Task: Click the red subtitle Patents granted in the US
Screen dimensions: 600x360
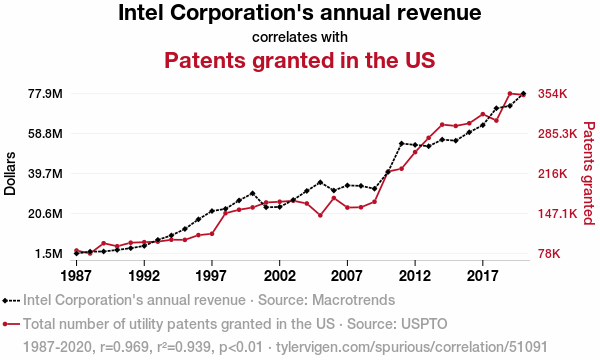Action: click(x=300, y=60)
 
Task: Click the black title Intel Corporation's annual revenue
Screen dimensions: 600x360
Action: click(x=300, y=12)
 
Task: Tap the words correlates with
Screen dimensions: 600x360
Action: click(x=300, y=37)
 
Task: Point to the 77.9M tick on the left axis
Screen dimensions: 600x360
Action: click(x=45, y=94)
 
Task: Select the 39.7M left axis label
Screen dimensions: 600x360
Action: click(x=45, y=174)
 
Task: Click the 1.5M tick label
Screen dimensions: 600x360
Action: click(x=49, y=254)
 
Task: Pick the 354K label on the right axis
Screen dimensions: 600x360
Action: click(x=553, y=94)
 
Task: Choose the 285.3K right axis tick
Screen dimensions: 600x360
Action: click(x=558, y=134)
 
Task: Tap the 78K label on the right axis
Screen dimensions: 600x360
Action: click(x=549, y=254)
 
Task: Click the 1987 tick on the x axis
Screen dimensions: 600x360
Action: click(x=77, y=275)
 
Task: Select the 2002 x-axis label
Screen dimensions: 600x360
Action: click(x=280, y=275)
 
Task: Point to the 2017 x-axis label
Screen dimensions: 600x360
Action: click(x=483, y=275)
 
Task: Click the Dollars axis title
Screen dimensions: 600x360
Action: click(x=10, y=174)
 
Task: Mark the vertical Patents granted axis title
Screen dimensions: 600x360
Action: click(x=589, y=173)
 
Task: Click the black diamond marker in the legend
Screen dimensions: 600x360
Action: click(x=5, y=301)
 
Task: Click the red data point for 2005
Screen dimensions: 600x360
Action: click(x=320, y=215)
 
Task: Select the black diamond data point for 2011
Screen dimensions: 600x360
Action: click(x=401, y=143)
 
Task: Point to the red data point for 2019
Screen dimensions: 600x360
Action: click(x=510, y=93)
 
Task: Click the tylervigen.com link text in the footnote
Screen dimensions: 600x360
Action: click(x=412, y=347)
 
